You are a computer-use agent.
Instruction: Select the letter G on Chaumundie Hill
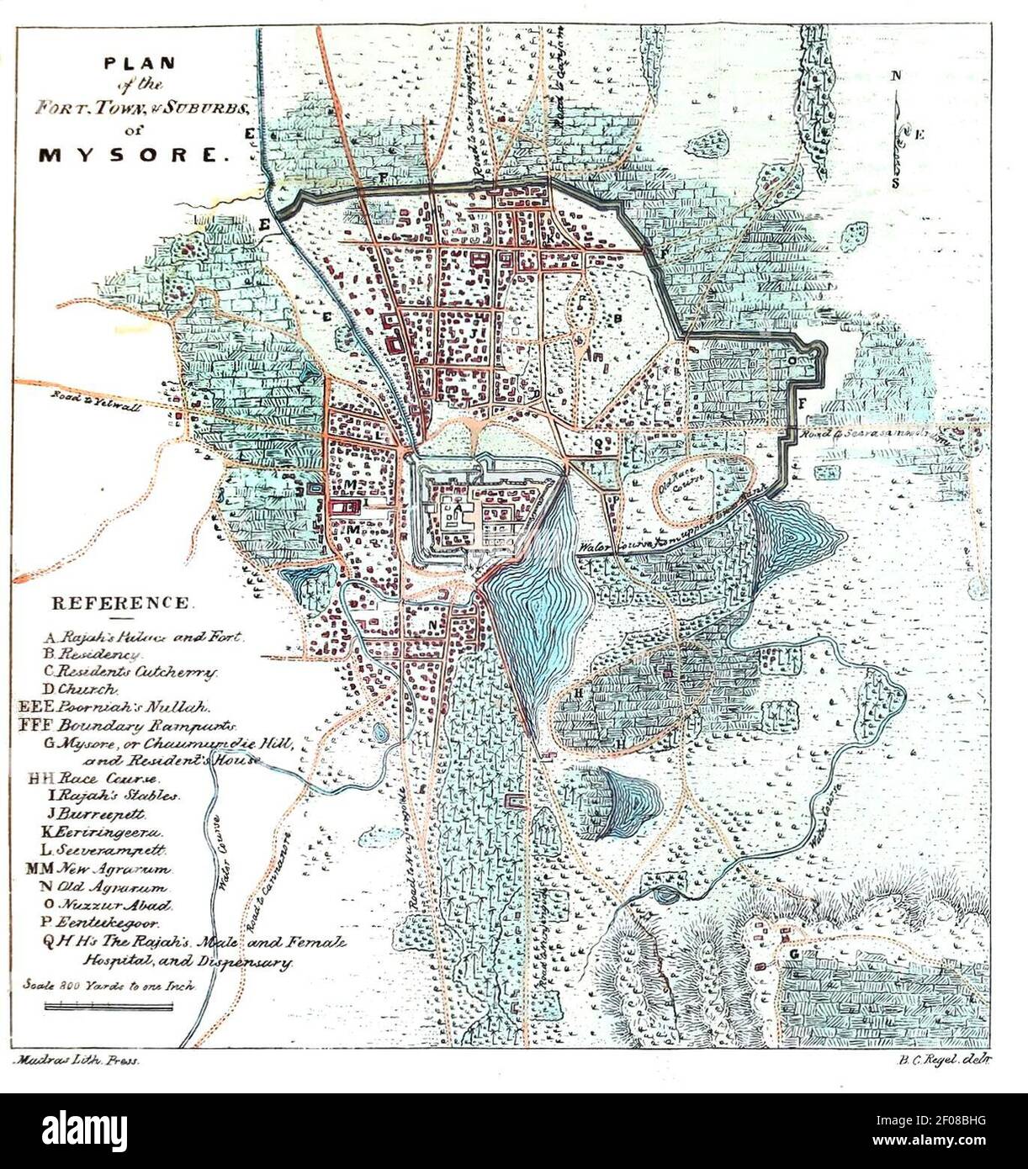point(794,954)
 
